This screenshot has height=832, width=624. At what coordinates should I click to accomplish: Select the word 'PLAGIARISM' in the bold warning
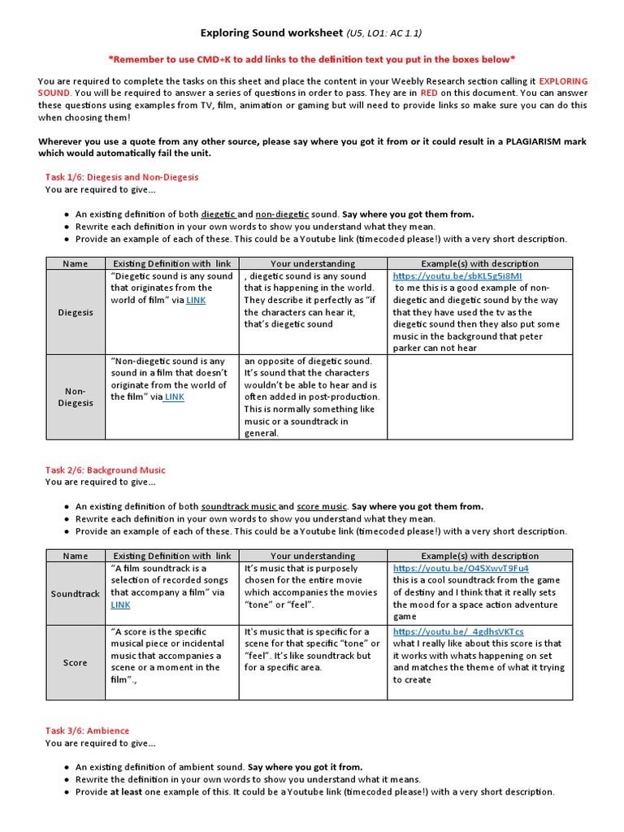pyautogui.click(x=518, y=141)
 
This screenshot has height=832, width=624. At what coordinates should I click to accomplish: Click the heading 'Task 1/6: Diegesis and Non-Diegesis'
pyautogui.click(x=121, y=176)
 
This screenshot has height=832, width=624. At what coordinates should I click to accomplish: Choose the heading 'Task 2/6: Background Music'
pyautogui.click(x=105, y=470)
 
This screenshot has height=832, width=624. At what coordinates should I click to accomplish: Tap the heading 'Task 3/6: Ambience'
pyautogui.click(x=87, y=730)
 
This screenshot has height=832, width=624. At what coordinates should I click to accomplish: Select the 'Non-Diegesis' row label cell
pyautogui.click(x=76, y=396)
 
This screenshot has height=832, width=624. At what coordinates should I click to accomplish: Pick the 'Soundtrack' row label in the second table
pyautogui.click(x=76, y=594)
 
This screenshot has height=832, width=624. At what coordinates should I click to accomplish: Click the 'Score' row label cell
pyautogui.click(x=76, y=662)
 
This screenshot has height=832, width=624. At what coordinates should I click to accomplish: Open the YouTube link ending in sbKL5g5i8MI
pyautogui.click(x=457, y=276)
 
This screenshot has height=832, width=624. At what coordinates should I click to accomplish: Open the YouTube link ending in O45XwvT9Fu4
pyautogui.click(x=461, y=569)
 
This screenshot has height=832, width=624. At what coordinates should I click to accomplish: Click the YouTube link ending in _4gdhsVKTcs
pyautogui.click(x=458, y=631)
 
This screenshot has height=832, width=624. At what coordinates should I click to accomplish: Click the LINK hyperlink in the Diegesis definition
pyautogui.click(x=196, y=300)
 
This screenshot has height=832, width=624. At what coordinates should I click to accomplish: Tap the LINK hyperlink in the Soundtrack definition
pyautogui.click(x=120, y=605)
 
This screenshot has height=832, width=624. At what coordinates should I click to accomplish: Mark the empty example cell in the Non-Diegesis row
pyautogui.click(x=479, y=396)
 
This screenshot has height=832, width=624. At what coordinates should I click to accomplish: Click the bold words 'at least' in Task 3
pyautogui.click(x=128, y=792)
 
